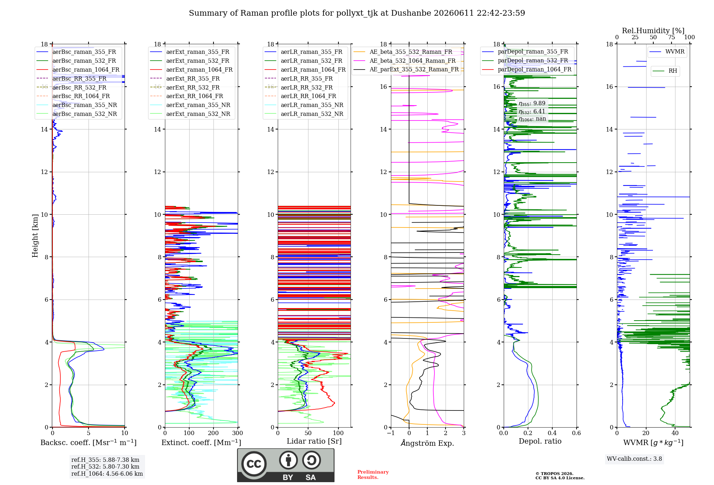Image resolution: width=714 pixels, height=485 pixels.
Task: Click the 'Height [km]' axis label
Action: click(35, 236)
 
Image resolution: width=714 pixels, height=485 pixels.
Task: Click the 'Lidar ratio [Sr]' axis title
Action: click(314, 441)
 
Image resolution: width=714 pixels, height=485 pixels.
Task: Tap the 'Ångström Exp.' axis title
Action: click(427, 443)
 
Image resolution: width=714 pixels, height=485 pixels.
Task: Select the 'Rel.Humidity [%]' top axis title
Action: click(653, 31)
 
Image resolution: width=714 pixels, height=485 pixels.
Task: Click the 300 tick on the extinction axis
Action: click(238, 433)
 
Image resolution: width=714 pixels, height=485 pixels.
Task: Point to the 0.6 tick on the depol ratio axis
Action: click(577, 433)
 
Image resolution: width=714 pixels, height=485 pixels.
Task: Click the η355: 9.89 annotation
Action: click(532, 104)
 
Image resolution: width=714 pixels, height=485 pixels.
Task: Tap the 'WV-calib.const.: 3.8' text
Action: click(634, 459)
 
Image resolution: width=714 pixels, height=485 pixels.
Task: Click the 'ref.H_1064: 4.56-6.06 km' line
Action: click(107, 474)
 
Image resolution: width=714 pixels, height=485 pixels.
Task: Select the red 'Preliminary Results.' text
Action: click(373, 475)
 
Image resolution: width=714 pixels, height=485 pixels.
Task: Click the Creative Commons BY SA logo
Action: click(286, 465)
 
